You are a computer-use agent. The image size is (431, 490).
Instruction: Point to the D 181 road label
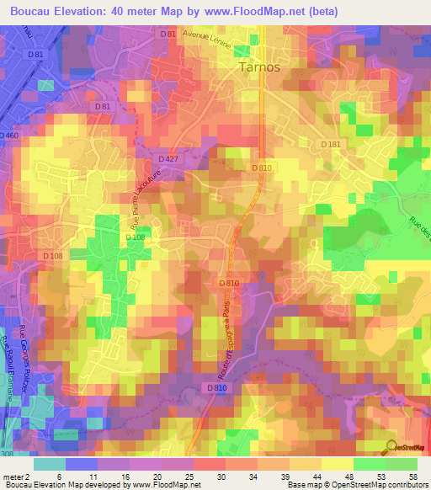pos(331,145)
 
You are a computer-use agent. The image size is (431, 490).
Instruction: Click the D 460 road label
pos(9,135)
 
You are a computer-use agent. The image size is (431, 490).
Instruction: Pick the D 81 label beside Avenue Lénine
pos(168,34)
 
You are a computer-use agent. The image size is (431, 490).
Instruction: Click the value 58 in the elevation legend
pos(412,476)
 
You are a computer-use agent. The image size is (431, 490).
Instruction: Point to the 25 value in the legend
pos(188,476)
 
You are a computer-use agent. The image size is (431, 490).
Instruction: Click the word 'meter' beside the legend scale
pos(12,476)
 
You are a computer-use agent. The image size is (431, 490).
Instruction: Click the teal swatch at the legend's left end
pos(50,464)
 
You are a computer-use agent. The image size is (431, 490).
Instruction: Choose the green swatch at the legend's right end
pos(402,464)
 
